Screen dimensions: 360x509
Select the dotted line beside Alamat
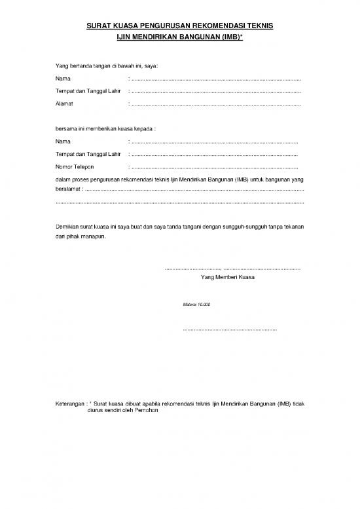(216, 104)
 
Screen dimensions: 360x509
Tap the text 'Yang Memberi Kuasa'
(228, 277)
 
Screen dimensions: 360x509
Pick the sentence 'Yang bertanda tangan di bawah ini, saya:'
(107, 67)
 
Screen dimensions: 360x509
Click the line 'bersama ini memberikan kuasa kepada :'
(105, 129)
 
